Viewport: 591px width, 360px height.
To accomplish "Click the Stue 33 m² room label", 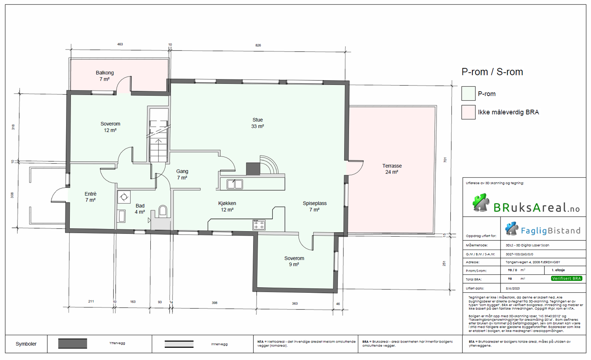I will (257, 123).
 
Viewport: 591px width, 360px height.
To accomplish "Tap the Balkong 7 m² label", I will (105, 76).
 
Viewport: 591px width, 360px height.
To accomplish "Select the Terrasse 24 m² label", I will (392, 169).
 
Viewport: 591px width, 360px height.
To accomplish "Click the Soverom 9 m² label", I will (294, 261).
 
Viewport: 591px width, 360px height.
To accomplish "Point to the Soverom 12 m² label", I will (110, 127).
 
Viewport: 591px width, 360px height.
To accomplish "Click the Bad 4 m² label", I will (140, 209).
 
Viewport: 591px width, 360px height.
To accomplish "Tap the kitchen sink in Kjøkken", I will (235, 184).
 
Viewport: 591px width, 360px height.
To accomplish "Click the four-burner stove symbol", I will (259, 224).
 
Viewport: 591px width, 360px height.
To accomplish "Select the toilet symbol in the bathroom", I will (163, 211).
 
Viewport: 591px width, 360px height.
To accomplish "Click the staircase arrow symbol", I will (158, 141).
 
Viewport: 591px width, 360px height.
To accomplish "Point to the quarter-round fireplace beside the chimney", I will (269, 165).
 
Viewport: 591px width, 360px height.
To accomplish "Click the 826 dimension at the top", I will (258, 45).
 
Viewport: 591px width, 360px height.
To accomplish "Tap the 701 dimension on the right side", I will (445, 160).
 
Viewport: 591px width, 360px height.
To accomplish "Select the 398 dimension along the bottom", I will (214, 302).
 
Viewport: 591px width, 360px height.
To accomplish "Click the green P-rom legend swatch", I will (468, 93).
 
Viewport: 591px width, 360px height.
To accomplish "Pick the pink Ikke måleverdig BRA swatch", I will (468, 112).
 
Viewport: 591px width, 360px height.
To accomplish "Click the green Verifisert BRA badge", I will (566, 278).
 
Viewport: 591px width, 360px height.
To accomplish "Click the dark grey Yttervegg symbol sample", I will (72, 343).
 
